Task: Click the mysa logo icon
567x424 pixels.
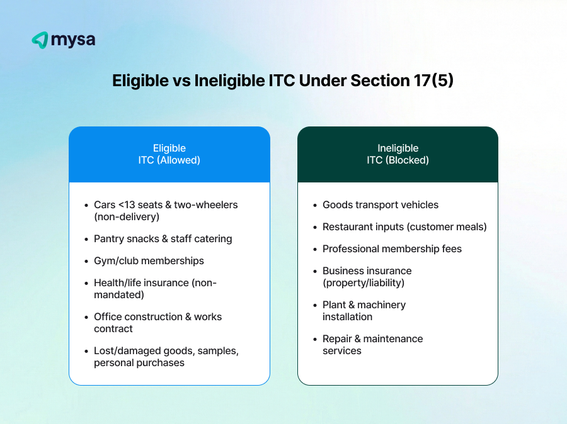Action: click(x=40, y=40)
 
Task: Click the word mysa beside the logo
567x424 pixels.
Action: click(x=72, y=40)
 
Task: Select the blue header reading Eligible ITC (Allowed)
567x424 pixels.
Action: click(x=169, y=154)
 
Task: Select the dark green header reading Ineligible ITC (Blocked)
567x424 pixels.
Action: click(x=398, y=154)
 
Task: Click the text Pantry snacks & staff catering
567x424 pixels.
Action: click(x=163, y=239)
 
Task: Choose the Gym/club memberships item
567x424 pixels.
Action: click(x=149, y=261)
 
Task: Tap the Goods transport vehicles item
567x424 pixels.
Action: click(x=381, y=205)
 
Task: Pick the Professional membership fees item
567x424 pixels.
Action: click(x=392, y=249)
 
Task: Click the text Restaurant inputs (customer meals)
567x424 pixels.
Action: click(x=404, y=227)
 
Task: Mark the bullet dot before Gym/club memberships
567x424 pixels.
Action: click(x=86, y=261)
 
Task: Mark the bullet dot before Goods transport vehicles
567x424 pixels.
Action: click(x=315, y=205)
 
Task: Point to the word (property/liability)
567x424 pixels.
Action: click(x=363, y=283)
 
